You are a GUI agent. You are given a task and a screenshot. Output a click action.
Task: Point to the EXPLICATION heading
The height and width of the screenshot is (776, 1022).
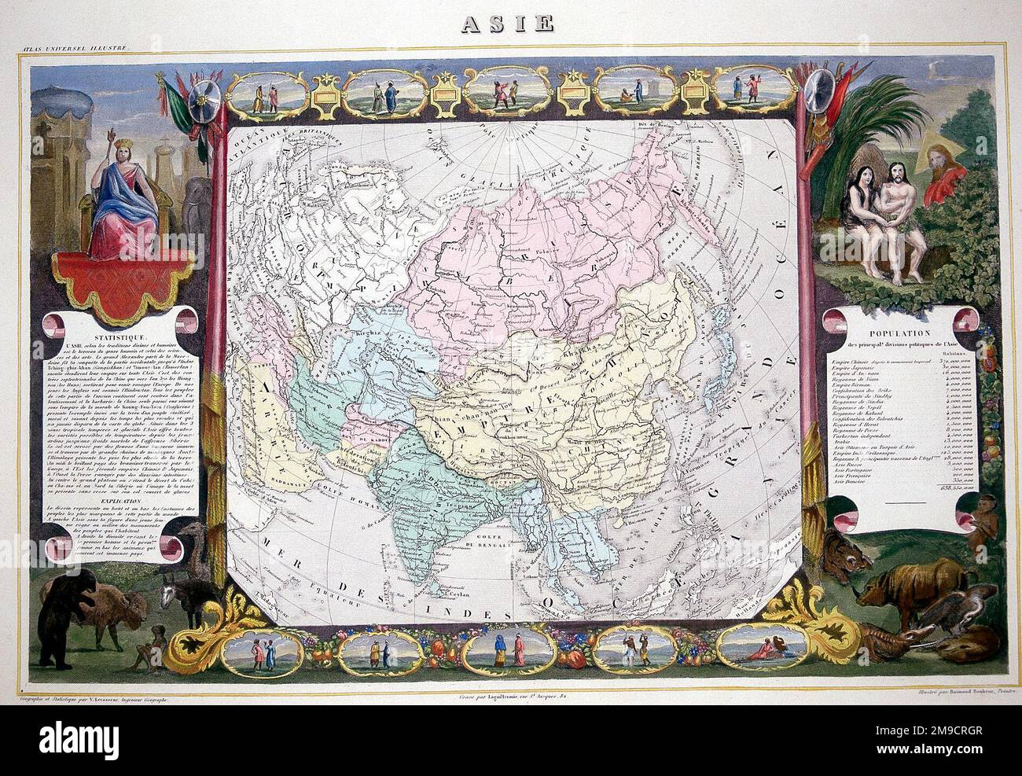[89, 498]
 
